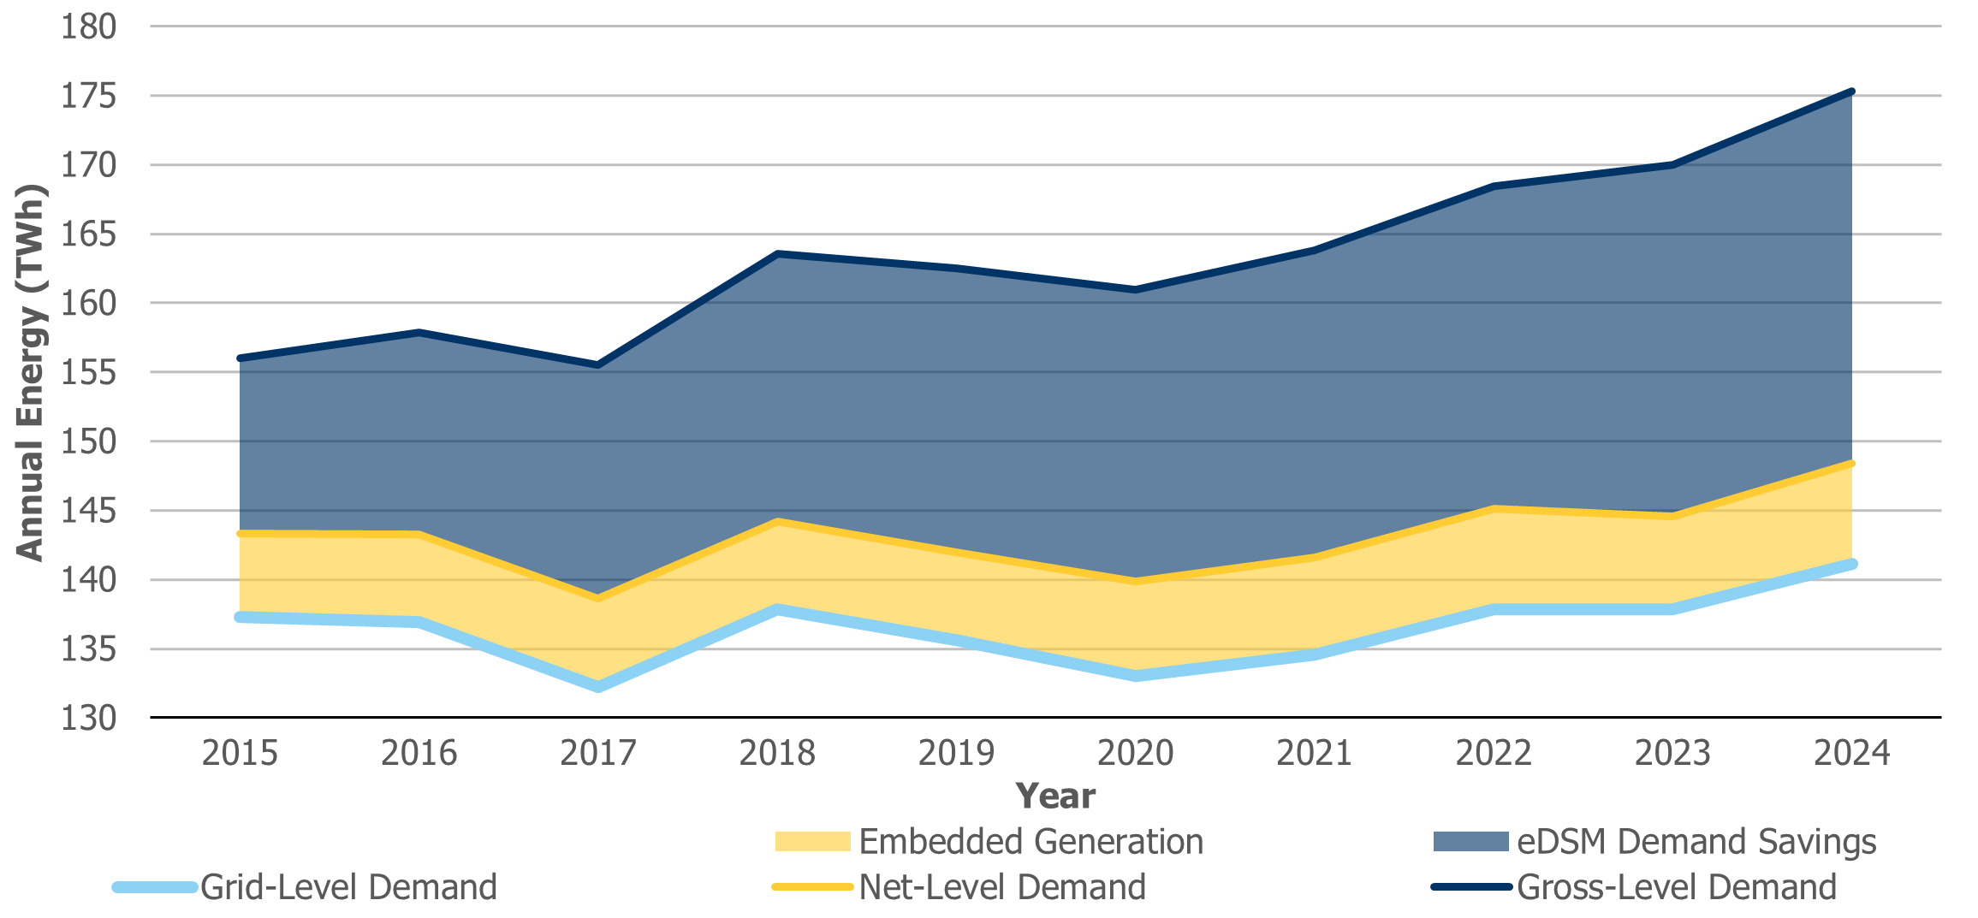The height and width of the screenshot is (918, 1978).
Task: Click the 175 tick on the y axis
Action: click(88, 96)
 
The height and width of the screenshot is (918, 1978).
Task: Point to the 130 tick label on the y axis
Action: click(88, 718)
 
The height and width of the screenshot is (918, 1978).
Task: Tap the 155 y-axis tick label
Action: click(88, 372)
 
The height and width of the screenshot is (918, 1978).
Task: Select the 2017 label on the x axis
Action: click(597, 753)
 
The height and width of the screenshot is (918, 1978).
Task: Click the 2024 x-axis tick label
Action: click(1851, 753)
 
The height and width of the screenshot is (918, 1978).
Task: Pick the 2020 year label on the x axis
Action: click(1135, 753)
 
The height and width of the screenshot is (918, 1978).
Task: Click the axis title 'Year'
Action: click(1054, 797)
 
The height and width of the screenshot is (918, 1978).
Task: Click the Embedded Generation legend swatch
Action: click(812, 842)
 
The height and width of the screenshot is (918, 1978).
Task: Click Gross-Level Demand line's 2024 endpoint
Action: click(1851, 92)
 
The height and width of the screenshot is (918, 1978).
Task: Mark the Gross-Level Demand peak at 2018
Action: click(777, 253)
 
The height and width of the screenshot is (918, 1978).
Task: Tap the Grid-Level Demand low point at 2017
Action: click(597, 686)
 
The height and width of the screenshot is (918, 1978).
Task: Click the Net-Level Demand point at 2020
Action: click(1135, 581)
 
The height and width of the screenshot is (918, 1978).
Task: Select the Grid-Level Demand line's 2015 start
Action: click(240, 617)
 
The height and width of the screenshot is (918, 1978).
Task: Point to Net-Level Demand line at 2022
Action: click(1494, 509)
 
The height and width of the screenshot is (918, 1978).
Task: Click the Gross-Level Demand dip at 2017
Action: click(597, 364)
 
